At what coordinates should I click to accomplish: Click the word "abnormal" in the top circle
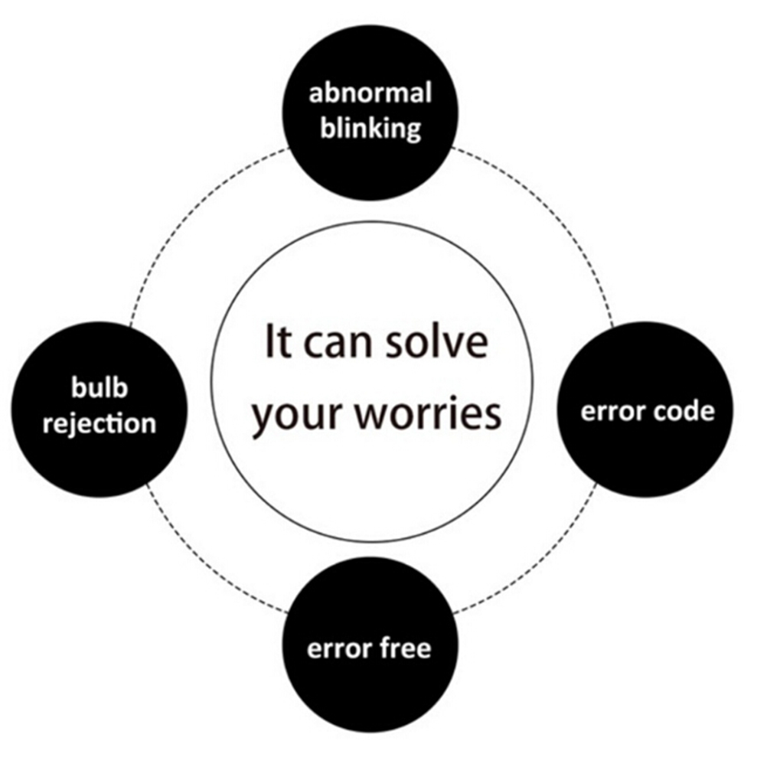point(370,93)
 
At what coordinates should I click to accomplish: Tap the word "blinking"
point(370,128)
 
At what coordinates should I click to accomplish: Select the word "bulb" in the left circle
point(100,387)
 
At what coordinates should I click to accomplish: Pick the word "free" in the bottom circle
point(406,648)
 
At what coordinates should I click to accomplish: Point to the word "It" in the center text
point(278,341)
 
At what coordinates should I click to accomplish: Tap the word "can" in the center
point(341,341)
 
